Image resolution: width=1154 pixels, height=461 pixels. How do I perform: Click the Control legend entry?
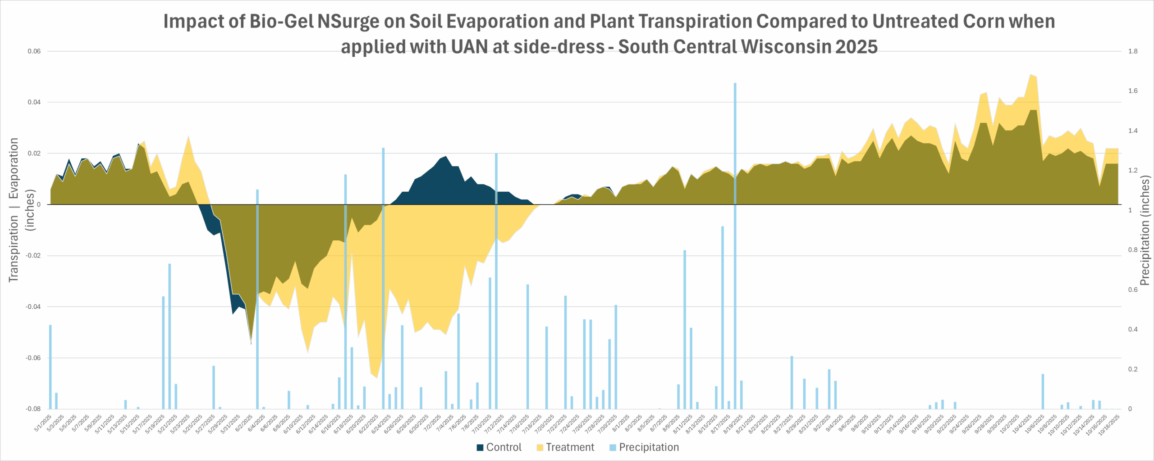coord(499,447)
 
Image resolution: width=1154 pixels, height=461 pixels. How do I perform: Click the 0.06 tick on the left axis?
coord(34,51)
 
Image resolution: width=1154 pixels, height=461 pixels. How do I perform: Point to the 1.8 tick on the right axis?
coord(1133,51)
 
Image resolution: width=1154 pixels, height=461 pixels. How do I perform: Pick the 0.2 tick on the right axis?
coord(1133,369)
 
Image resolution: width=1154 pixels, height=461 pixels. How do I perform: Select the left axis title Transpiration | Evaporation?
coord(14,210)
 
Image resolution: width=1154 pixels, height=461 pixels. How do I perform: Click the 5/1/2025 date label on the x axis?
coord(44,423)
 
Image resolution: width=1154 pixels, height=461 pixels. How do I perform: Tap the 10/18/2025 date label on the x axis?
coord(1109,425)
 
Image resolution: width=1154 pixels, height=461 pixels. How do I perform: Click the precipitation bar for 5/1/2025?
coord(50,367)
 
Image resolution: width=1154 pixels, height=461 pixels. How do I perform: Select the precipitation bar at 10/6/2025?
coord(1043,391)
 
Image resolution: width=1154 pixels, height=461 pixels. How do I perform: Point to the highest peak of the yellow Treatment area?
coord(1030,75)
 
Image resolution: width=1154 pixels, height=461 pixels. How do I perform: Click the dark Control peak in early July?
coord(445,158)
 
